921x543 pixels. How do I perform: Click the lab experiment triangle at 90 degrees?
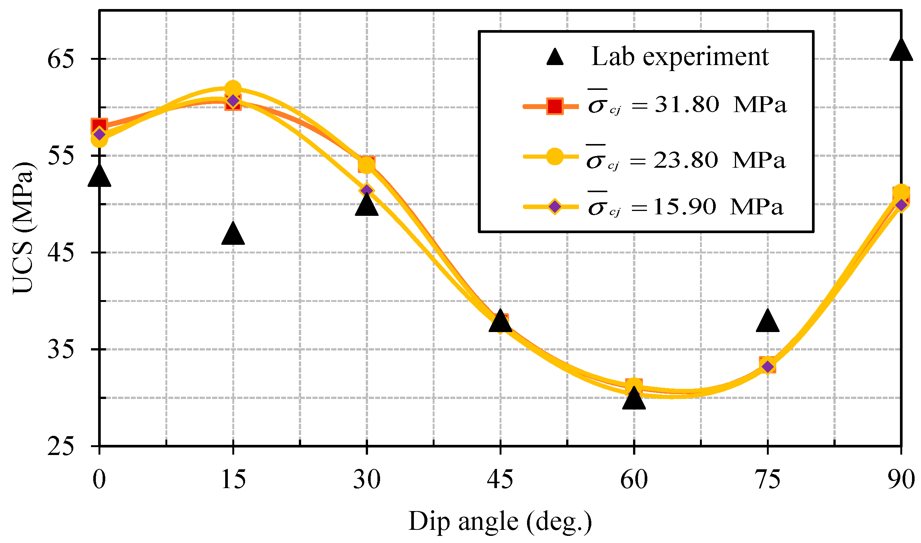point(901,51)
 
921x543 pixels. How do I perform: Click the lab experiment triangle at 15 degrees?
point(233,234)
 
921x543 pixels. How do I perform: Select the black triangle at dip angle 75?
point(767,322)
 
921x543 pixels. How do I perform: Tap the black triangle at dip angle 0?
point(99,176)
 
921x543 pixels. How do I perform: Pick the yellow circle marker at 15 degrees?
point(233,89)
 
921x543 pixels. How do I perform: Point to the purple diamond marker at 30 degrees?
point(367,190)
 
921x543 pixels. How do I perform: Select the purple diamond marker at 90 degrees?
point(901,205)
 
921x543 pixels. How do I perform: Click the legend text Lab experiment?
point(680,57)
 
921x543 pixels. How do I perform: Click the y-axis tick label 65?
point(61,59)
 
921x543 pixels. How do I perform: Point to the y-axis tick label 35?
point(61,349)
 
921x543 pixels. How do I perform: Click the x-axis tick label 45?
point(500,480)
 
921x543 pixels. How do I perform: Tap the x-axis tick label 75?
point(767,480)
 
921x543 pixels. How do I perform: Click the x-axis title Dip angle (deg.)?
point(500,522)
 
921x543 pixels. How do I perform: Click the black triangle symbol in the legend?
point(555,58)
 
